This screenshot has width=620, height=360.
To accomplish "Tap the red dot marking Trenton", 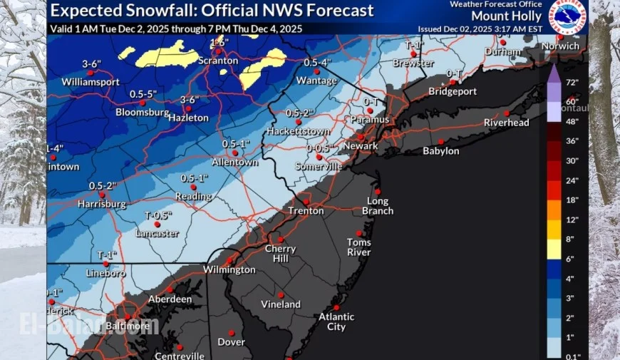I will coord(306,201).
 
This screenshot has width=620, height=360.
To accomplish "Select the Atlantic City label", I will coord(332,322).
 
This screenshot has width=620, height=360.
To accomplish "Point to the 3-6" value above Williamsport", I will coord(91,64).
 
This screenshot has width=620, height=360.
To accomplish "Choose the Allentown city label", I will coord(235,162).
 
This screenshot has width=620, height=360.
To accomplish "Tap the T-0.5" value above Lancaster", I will coord(159,216).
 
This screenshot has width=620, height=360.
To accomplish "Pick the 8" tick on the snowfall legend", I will coord(572,240).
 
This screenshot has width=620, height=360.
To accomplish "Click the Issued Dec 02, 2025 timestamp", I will coord(480,29).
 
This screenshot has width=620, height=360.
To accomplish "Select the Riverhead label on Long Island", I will coord(507,123).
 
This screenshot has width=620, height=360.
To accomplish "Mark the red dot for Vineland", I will coord(281,294).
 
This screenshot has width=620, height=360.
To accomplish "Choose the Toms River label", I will coord(358,247).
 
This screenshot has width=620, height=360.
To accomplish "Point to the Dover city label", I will coord(231,342).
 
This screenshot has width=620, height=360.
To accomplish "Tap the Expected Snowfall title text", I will coord(212,11).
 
